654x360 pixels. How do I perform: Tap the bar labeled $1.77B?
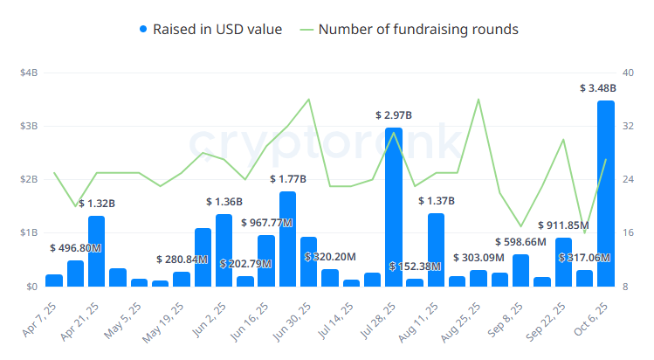coord(287,239)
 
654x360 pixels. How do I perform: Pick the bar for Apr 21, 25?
coord(97,251)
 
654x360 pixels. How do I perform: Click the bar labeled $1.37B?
coord(436,250)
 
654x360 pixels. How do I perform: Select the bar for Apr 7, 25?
coord(54,280)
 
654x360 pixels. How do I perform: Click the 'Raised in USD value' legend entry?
coord(210,30)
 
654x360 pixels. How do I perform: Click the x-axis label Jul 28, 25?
coord(375,322)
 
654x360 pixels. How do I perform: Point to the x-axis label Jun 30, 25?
coord(291,322)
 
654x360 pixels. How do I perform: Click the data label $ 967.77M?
coord(266,223)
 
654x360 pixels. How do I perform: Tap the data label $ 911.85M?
coord(563,225)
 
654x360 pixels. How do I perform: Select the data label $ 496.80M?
coord(76,248)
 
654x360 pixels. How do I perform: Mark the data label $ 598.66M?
coord(520,242)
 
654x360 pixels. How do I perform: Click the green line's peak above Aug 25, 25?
coord(478,100)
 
